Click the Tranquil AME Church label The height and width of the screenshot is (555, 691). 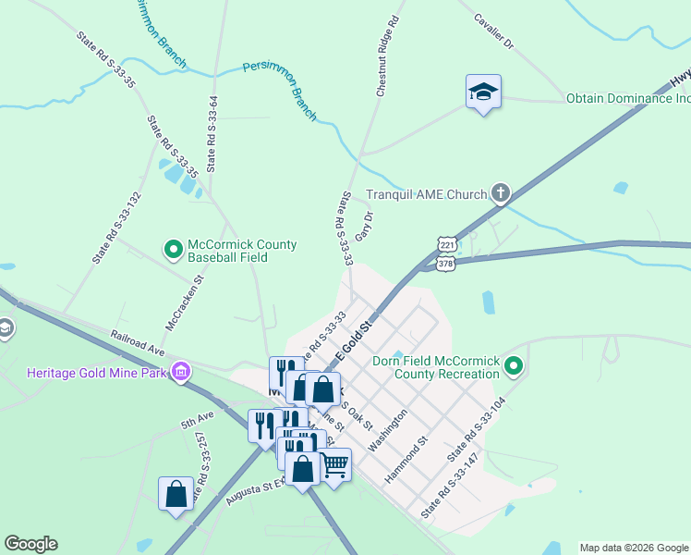(x=426, y=194)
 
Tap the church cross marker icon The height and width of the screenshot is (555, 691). (x=501, y=193)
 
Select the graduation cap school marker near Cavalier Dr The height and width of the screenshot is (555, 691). (x=483, y=92)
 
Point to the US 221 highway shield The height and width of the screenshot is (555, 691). (x=447, y=244)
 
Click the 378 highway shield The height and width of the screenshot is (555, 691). (x=446, y=264)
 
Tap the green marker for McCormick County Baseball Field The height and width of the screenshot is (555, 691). (x=173, y=249)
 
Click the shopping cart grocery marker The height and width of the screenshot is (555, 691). (x=334, y=463)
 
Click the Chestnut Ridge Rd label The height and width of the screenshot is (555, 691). (x=387, y=55)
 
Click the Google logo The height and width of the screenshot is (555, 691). (x=30, y=544)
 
